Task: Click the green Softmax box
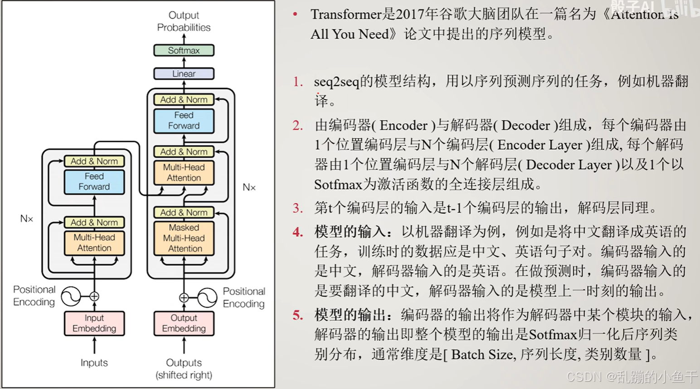tap(184, 50)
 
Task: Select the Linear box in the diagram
tap(184, 73)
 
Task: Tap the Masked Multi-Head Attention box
tap(184, 238)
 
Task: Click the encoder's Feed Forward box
tap(94, 181)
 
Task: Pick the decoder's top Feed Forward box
tap(184, 121)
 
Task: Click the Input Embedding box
tap(94, 323)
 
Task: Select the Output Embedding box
tap(184, 323)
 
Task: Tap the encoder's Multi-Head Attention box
tap(94, 243)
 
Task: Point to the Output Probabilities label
tap(184, 21)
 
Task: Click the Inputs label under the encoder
tap(94, 363)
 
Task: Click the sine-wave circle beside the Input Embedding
tap(71, 297)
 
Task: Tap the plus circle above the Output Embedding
tap(184, 297)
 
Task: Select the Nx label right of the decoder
tap(249, 187)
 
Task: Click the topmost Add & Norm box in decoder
tap(184, 100)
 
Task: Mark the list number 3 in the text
tap(297, 208)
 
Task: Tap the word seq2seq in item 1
tap(336, 82)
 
